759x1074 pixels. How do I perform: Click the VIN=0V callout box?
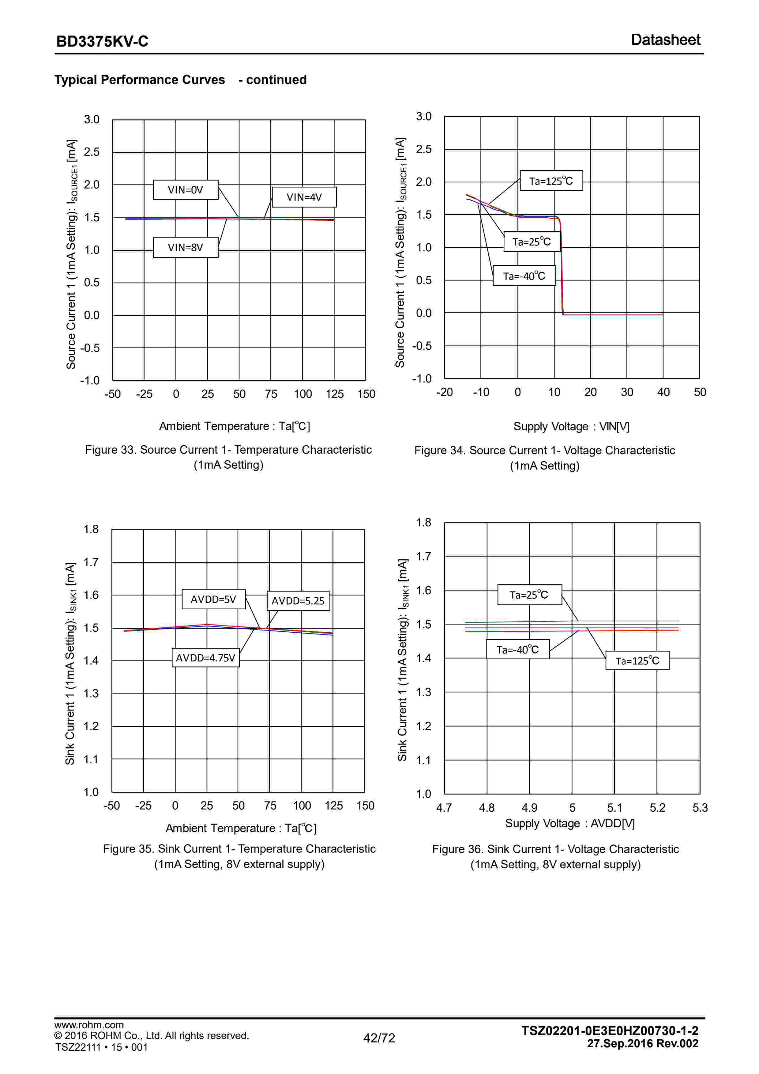point(186,190)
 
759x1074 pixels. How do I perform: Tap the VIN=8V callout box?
point(186,247)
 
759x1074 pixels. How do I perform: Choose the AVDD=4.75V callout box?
point(206,658)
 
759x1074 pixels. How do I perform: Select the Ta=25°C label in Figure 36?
point(529,595)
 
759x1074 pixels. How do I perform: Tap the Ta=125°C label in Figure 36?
point(637,661)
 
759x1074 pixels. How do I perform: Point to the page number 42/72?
point(379,1038)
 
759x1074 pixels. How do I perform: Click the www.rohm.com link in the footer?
point(89,1025)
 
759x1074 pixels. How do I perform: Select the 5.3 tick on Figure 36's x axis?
point(700,808)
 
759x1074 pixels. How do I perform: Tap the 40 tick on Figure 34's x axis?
point(663,392)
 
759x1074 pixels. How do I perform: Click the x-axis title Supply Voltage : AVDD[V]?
point(570,823)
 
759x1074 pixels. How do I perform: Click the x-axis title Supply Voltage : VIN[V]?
point(571,427)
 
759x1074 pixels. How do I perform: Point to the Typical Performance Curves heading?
point(139,80)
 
